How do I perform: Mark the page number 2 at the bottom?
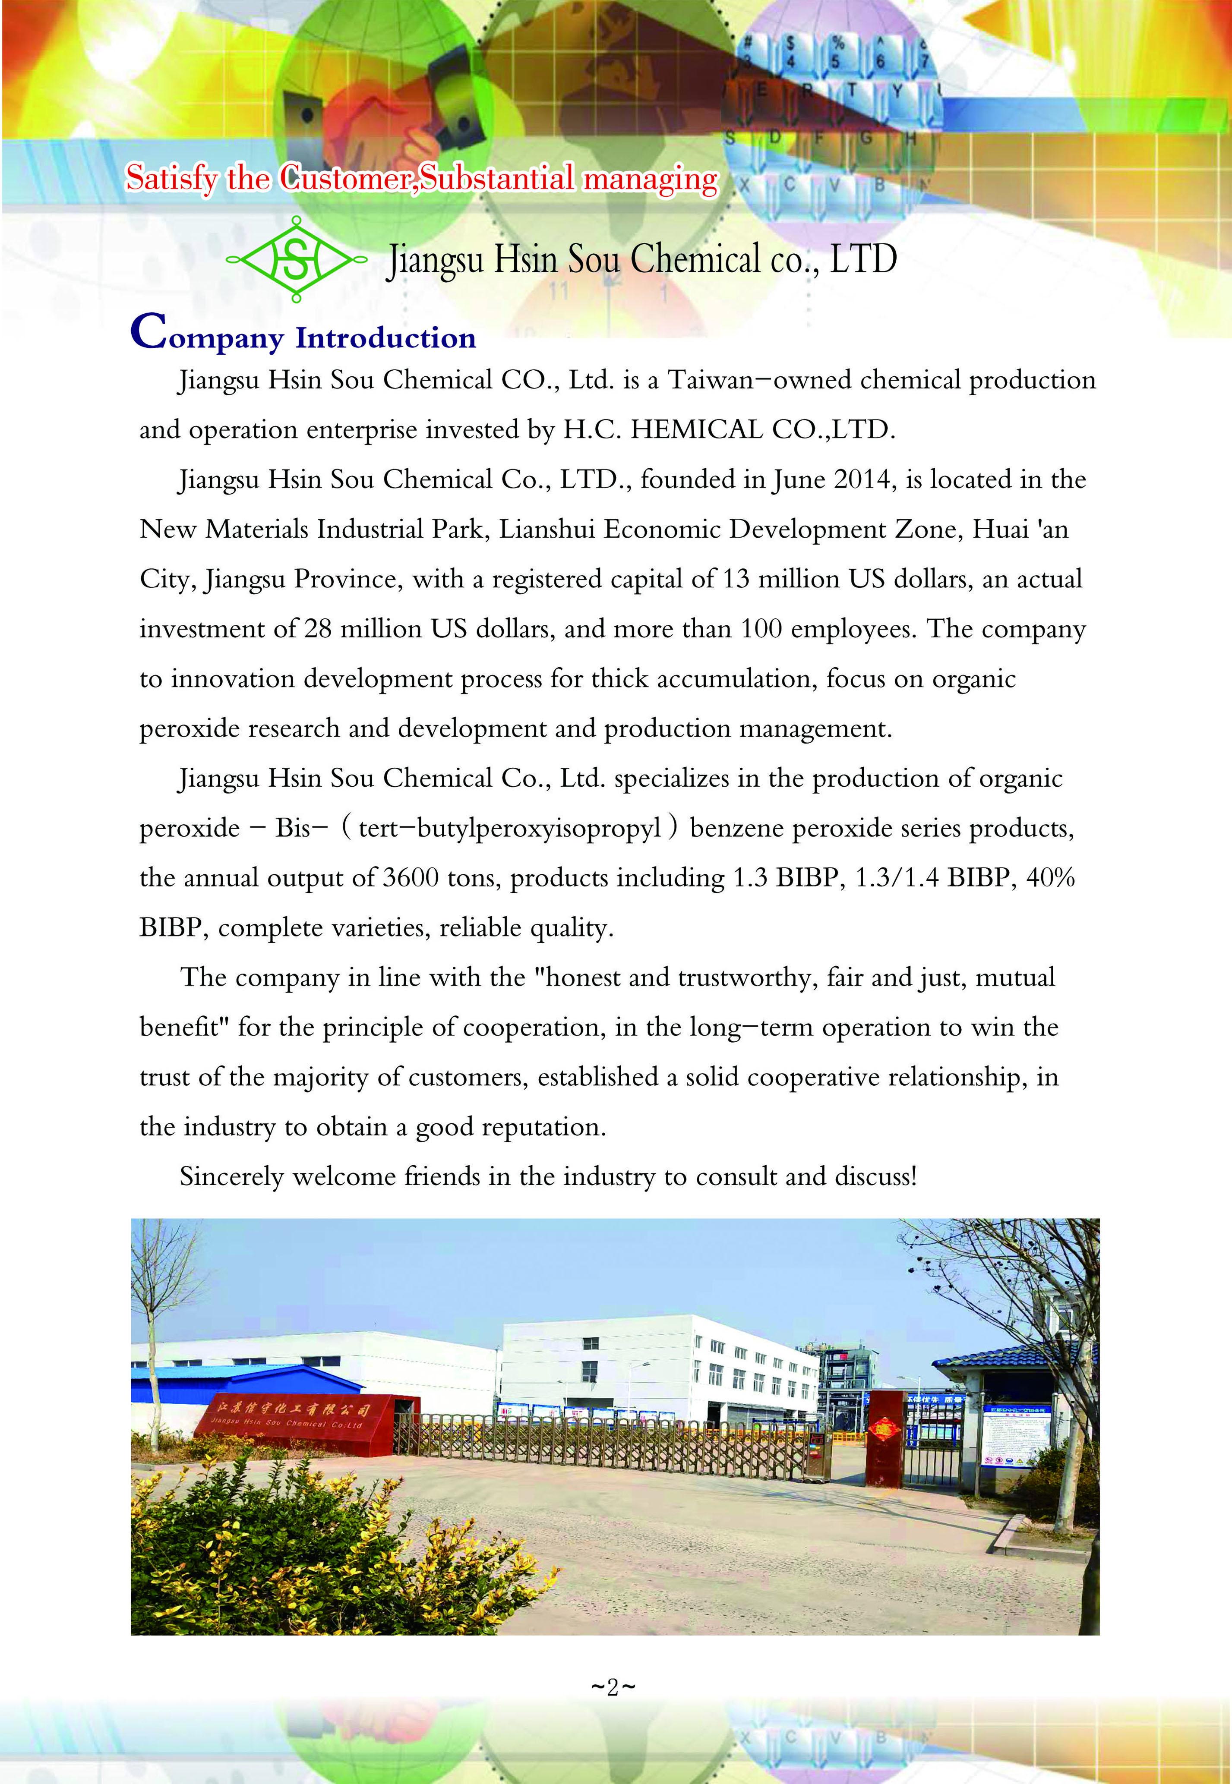click(x=613, y=1687)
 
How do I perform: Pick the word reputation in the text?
click(x=550, y=1127)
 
